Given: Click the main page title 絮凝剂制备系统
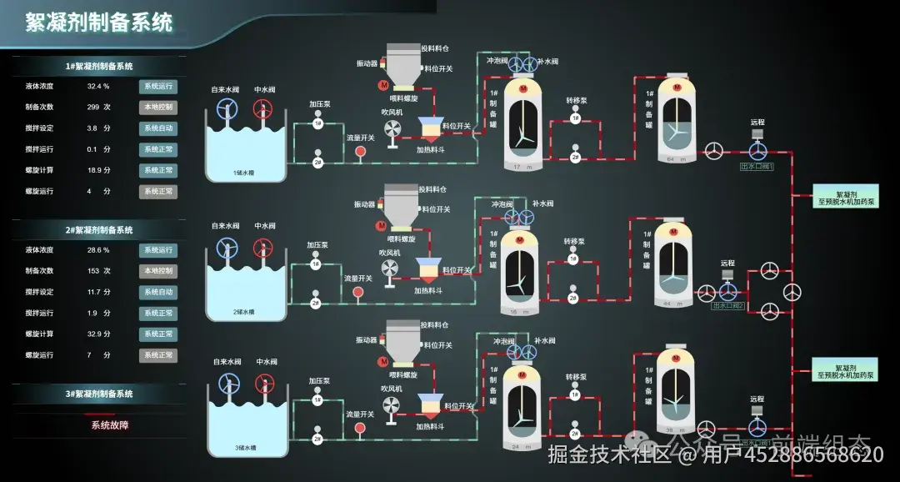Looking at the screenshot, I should pos(99,23).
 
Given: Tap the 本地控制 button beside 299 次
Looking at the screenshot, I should pos(157,107).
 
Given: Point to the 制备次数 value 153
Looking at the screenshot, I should pos(93,271).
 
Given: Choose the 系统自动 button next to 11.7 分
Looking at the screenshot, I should pos(157,292).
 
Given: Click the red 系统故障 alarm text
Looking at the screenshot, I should pos(109,424).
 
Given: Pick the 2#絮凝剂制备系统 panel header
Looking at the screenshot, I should pos(99,230).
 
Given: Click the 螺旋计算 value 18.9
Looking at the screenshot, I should pos(94,170).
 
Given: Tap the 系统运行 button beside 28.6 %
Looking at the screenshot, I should pos(157,250).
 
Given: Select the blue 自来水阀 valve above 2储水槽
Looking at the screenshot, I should pos(225,248).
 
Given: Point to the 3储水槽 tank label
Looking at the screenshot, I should pos(245,448).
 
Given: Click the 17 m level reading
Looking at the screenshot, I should pos(522,167).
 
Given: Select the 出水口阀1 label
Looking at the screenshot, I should pos(757,167).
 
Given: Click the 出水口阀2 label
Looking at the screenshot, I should pos(728,306).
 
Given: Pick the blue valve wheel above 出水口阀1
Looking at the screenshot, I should pos(757,151).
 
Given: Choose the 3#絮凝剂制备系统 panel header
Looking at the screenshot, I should pos(99,394).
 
